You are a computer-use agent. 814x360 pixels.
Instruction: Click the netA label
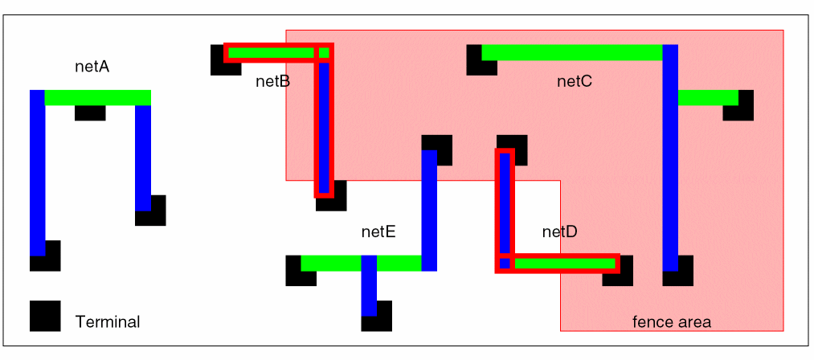[x=92, y=67]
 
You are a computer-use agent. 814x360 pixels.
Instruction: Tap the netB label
[x=273, y=81]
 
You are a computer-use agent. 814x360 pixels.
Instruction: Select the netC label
[x=575, y=81]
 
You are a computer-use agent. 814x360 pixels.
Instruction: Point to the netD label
[x=560, y=232]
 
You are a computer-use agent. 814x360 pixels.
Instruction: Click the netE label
[x=378, y=232]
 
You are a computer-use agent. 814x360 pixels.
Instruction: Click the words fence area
[x=672, y=322]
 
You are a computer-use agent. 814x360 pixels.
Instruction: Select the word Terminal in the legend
[x=108, y=322]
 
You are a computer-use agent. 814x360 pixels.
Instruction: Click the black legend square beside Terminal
[x=45, y=316]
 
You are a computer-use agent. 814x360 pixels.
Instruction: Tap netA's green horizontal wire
[x=97, y=97]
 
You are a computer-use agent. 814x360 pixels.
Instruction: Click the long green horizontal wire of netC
[x=571, y=52]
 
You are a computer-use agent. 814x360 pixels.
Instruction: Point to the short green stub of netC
[x=708, y=97]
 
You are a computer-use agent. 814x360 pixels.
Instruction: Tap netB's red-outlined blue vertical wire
[x=324, y=125]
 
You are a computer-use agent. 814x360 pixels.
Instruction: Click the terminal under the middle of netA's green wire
[x=90, y=113]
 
